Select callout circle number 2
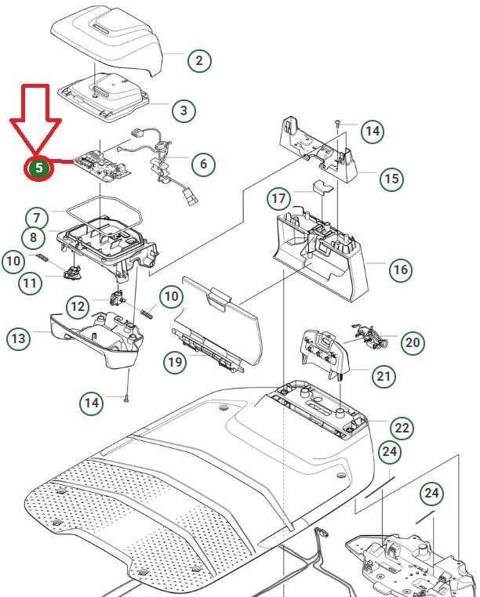(199, 60)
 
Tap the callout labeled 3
(184, 110)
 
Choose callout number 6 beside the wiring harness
(204, 164)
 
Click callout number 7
(36, 218)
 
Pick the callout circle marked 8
(34, 237)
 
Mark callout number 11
(30, 282)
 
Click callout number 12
(77, 306)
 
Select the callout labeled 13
(18, 338)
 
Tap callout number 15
(391, 179)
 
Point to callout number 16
(400, 270)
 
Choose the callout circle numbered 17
(279, 198)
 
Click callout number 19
(175, 361)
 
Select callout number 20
(413, 342)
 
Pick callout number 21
(384, 377)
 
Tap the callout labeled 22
(402, 428)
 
